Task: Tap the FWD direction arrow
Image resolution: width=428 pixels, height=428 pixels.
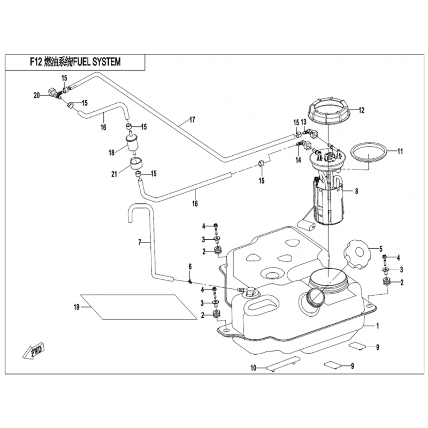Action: tap(33, 352)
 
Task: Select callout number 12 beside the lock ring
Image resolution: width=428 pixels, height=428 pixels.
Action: tap(361, 111)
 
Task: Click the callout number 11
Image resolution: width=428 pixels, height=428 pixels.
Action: tap(399, 151)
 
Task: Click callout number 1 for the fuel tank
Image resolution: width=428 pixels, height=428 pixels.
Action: tap(378, 325)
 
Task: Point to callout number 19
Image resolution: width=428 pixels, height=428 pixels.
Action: tap(77, 307)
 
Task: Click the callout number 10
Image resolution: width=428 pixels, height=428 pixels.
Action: tap(254, 368)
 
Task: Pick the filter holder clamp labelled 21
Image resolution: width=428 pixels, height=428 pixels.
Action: tap(136, 163)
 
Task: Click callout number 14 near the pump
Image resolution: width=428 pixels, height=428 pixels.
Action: tap(299, 159)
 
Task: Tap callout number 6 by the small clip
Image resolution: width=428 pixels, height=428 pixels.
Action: tap(189, 266)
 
